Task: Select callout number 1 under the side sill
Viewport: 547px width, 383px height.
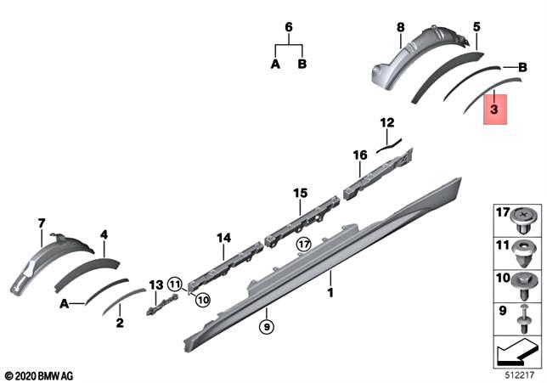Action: coord(331,293)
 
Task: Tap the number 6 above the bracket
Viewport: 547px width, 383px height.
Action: coord(288,27)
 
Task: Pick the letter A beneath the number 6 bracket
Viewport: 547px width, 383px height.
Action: coord(274,65)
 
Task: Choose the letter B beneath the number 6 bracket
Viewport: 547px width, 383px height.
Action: coord(302,65)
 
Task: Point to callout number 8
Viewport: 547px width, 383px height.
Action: coord(400,28)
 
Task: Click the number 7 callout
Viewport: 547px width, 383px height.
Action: coord(40,223)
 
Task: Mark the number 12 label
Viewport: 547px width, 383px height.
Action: coord(386,121)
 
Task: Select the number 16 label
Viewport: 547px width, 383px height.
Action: coord(360,155)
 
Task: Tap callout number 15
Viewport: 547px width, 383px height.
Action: coord(299,194)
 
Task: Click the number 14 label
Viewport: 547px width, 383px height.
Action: coord(223,239)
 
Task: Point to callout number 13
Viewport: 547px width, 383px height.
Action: coord(155,284)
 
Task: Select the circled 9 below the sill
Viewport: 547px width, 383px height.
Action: coord(266,325)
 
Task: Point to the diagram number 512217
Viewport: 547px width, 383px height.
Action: coord(513,372)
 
